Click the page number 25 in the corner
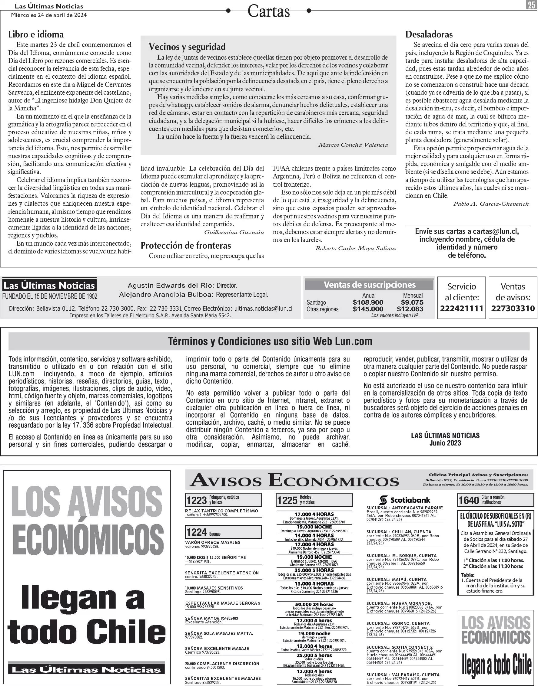point(531,5)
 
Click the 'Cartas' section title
point(268,11)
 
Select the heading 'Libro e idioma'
point(36,34)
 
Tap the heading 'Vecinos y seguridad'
point(187,47)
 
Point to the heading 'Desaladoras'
point(429,34)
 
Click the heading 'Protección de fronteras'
point(186,245)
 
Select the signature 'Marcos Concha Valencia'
point(353,145)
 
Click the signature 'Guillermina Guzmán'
point(234,232)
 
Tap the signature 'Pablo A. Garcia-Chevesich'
point(491,204)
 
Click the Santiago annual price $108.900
point(368,302)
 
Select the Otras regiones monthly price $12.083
point(410,309)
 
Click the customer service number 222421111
point(461,309)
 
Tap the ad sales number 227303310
point(513,309)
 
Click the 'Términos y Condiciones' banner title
point(270,341)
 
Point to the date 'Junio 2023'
point(445,443)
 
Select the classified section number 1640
point(469,500)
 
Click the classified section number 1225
point(287,500)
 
